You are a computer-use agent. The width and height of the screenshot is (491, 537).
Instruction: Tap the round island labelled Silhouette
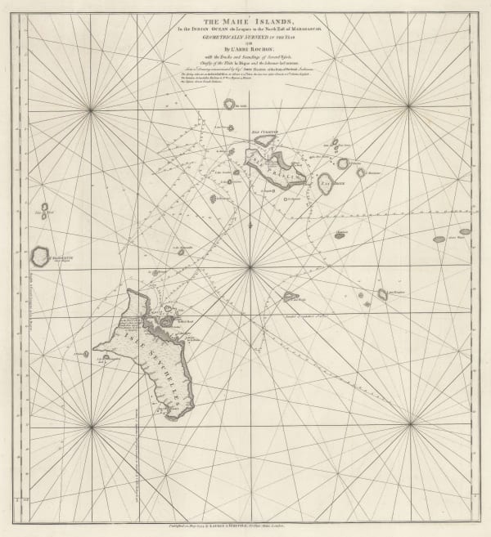pyautogui.click(x=39, y=257)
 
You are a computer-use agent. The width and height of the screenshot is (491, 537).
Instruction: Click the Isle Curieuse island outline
pyautogui.click(x=264, y=141)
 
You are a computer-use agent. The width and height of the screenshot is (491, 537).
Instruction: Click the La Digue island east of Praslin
pyautogui.click(x=326, y=183)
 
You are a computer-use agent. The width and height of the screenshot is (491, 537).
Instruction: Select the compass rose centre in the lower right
pyautogui.click(x=408, y=423)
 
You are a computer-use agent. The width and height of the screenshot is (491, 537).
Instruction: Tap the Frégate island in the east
pyautogui.click(x=382, y=293)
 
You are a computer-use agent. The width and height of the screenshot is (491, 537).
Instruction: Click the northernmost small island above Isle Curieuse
pyautogui.click(x=229, y=104)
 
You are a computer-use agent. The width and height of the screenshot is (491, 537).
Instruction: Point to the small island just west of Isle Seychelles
pyautogui.click(x=86, y=355)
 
